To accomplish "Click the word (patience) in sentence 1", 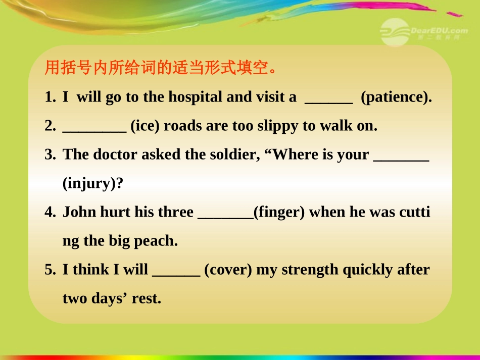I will click(396, 97).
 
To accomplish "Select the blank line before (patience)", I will click(329, 100).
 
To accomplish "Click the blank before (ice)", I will click(94, 129).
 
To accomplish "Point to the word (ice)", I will click(145, 126).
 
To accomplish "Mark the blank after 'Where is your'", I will click(401, 158).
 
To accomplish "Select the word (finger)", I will click(279, 212).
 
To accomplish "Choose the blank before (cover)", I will click(176, 273).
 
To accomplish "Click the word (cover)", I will click(228, 270).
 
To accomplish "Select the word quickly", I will click(368, 270).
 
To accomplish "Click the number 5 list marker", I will click(50, 270).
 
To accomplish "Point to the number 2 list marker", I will click(50, 126).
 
